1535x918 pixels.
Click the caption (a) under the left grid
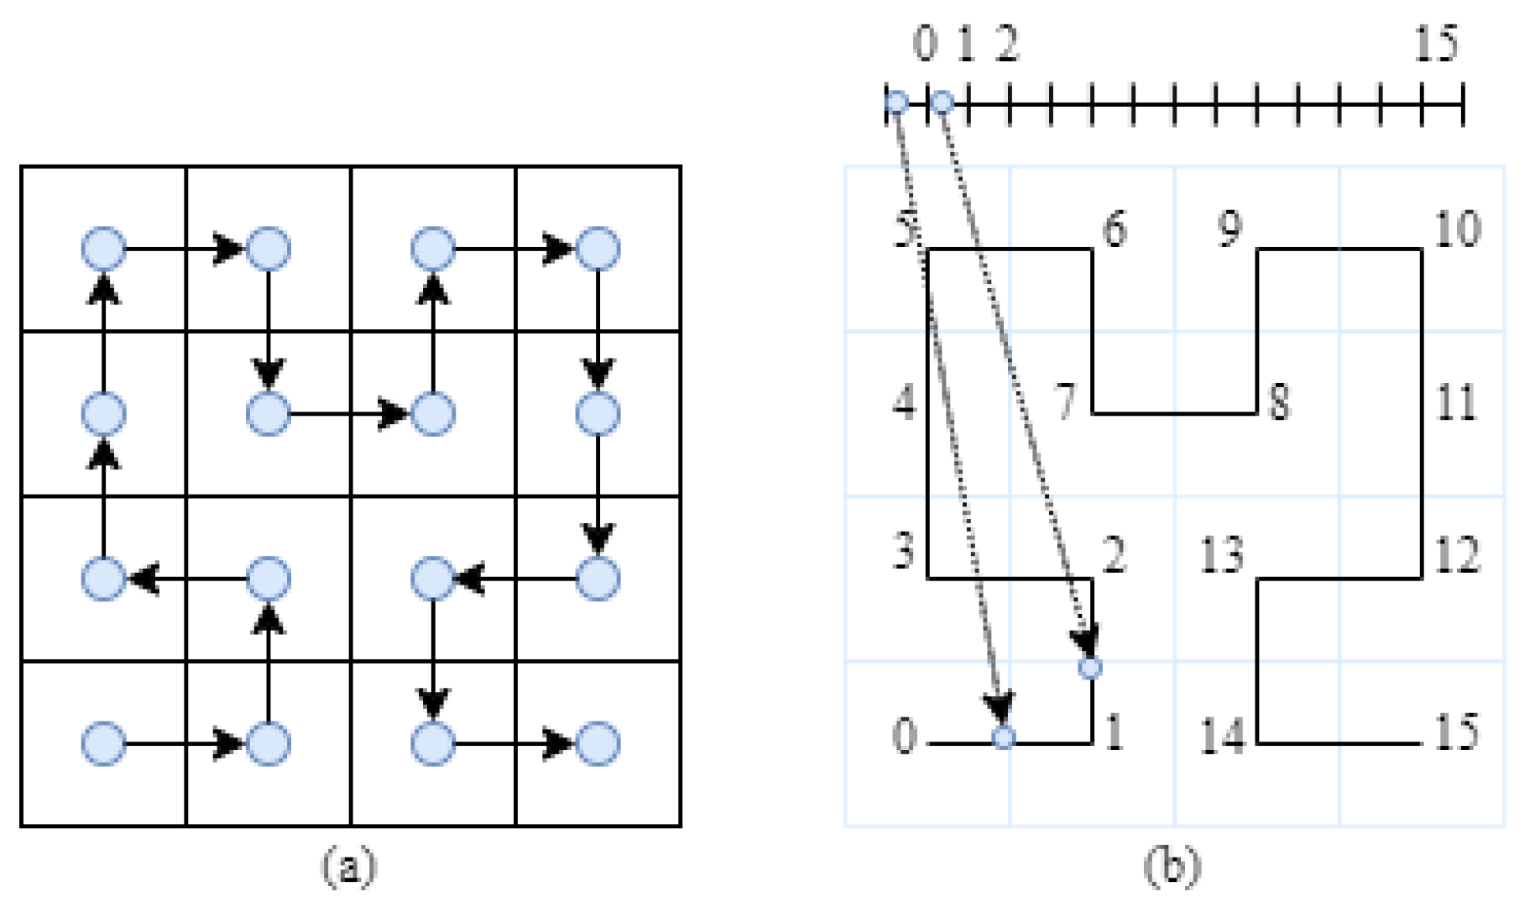(x=349, y=866)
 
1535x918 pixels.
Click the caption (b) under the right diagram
(x=1172, y=866)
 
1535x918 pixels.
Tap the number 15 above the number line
(x=1436, y=44)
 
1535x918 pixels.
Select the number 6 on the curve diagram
(x=1114, y=228)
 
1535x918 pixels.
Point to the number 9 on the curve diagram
(x=1230, y=228)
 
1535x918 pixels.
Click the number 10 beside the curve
(x=1457, y=228)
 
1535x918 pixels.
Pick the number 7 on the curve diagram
(x=1066, y=401)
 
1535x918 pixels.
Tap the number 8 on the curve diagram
(x=1279, y=401)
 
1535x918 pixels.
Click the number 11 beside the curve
(x=1456, y=401)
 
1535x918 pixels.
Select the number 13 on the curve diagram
(x=1222, y=554)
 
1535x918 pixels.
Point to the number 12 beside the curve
(x=1457, y=554)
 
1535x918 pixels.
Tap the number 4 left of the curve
(x=904, y=401)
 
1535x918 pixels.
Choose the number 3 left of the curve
(x=904, y=551)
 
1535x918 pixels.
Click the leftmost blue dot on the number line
(x=897, y=103)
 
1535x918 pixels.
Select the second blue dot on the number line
(x=942, y=103)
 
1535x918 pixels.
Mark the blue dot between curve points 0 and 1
(x=1004, y=738)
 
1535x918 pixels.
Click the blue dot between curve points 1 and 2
(x=1090, y=668)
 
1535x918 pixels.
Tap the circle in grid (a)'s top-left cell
(x=104, y=249)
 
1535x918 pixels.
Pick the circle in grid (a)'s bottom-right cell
(x=598, y=743)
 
